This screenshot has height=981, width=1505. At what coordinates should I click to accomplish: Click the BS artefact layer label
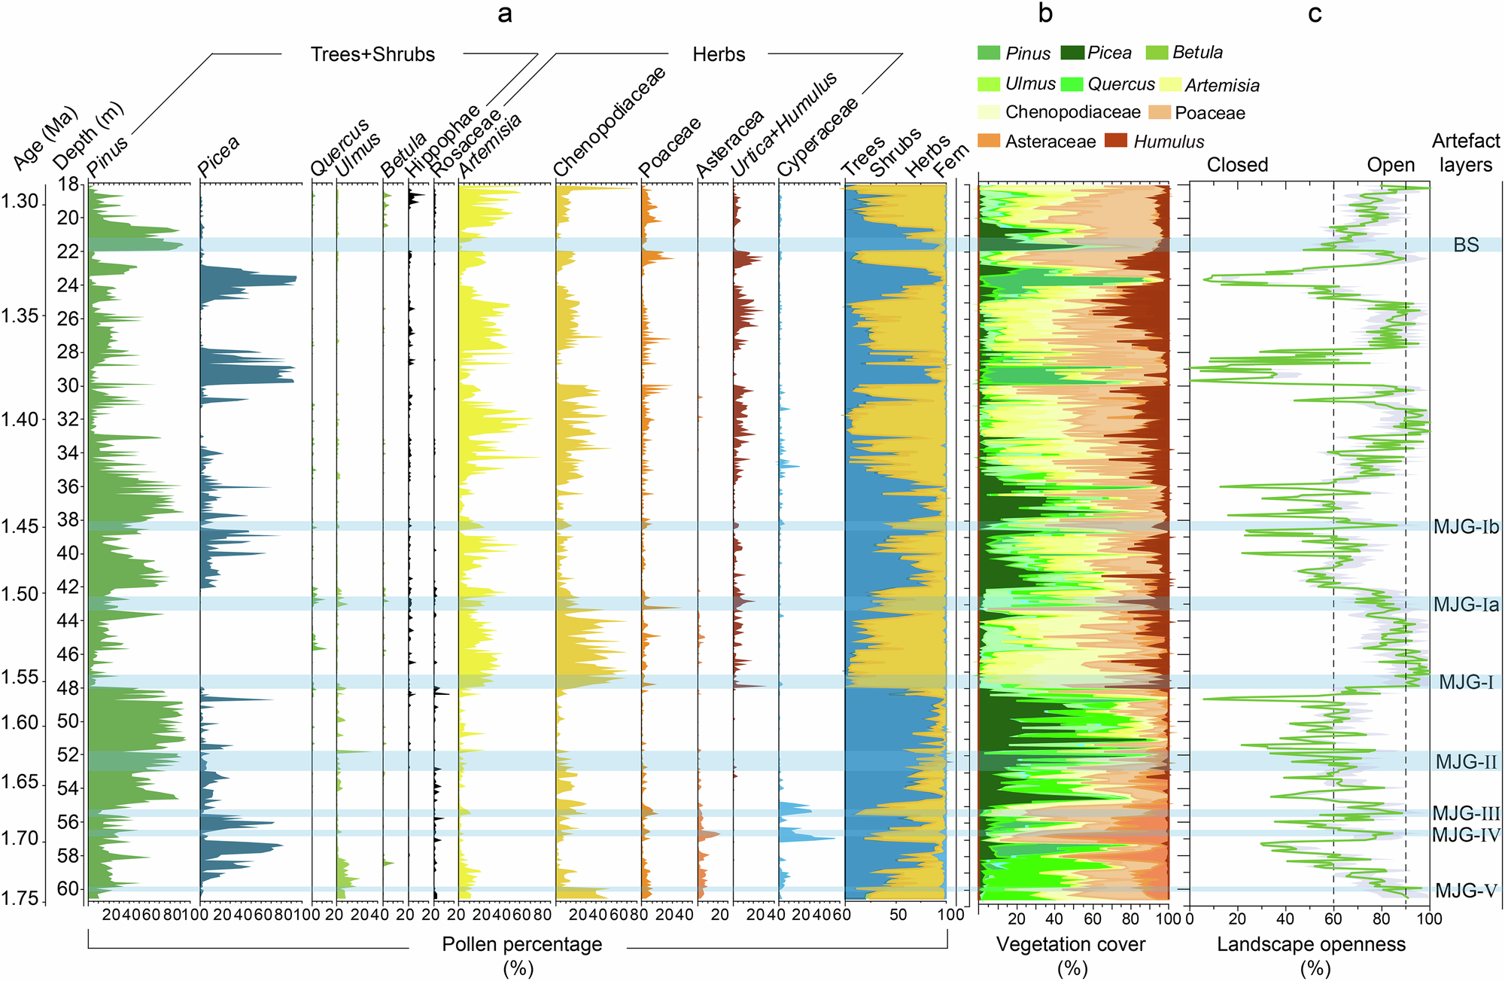pyautogui.click(x=1466, y=245)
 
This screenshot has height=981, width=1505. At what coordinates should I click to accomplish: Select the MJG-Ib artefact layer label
pyautogui.click(x=1465, y=526)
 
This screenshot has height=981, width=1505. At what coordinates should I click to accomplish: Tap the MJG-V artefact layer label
pyautogui.click(x=1465, y=891)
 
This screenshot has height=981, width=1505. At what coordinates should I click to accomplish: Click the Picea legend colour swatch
pyautogui.click(x=1072, y=53)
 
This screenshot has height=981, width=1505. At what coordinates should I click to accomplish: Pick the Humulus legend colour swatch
pyautogui.click(x=1115, y=141)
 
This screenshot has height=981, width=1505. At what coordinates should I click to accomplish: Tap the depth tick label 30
pyautogui.click(x=68, y=385)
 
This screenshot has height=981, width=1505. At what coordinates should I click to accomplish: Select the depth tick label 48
pyautogui.click(x=68, y=687)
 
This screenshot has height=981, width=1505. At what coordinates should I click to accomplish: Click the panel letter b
pyautogui.click(x=1045, y=13)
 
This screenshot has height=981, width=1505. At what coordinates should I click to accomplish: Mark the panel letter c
pyautogui.click(x=1315, y=13)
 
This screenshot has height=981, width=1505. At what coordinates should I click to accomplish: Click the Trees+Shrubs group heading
pyautogui.click(x=372, y=54)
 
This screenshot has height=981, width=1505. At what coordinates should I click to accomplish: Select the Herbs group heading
pyautogui.click(x=719, y=54)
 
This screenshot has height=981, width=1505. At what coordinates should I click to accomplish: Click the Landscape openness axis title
pyautogui.click(x=1311, y=944)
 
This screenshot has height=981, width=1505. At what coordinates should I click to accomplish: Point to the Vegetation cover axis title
pyautogui.click(x=1070, y=944)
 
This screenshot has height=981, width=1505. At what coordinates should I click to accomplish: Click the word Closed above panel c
pyautogui.click(x=1237, y=165)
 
